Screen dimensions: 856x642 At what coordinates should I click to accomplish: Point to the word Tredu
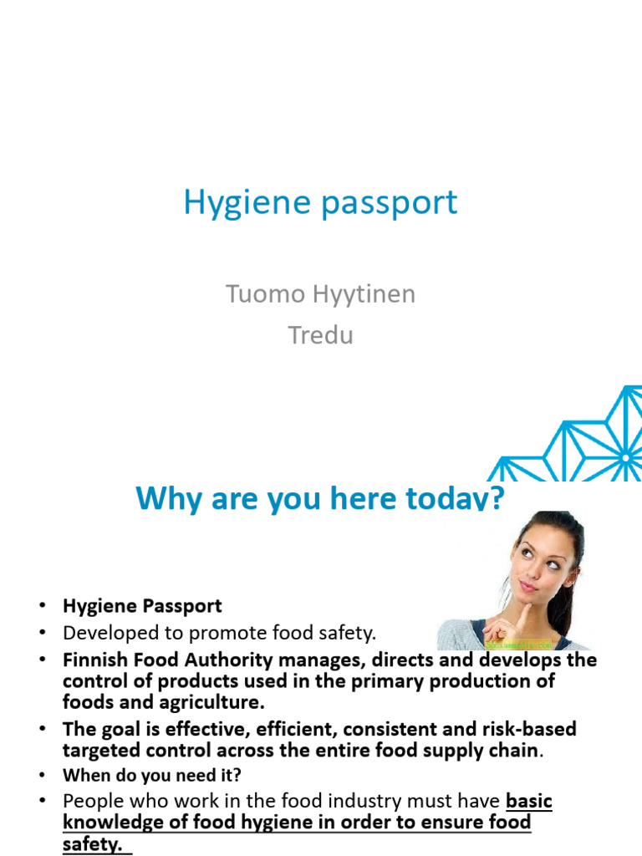pos(321,335)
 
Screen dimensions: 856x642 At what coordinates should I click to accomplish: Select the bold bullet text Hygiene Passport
pos(142,605)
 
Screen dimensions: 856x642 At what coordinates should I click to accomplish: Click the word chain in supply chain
pos(512,750)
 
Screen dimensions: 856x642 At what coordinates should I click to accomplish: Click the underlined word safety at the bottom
pos(90,844)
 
